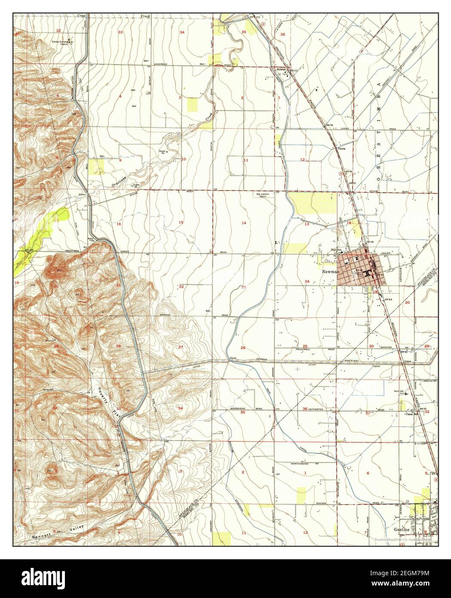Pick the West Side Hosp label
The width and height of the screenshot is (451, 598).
[399, 393]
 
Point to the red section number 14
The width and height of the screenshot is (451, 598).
[244, 223]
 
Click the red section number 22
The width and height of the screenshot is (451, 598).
[182, 286]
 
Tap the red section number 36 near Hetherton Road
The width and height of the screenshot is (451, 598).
[305, 409]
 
